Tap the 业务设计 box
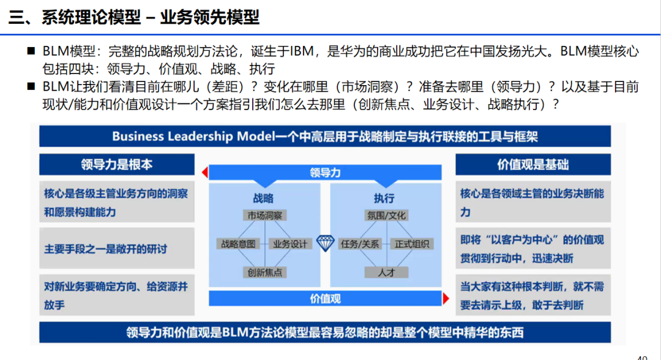coord(289,244)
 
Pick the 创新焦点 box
coord(265,272)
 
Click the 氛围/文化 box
coord(386,216)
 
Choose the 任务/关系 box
coord(360,244)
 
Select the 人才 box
coord(386,272)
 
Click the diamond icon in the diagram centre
coord(324,242)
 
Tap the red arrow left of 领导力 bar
coord(204,173)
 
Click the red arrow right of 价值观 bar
coord(446,299)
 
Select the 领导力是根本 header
coord(116,164)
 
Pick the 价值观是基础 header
coord(532,164)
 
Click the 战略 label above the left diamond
coord(263,198)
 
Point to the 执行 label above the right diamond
coord(384,198)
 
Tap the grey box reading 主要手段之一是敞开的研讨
coord(116,249)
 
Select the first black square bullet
coord(31,51)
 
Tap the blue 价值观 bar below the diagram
coord(325,299)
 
